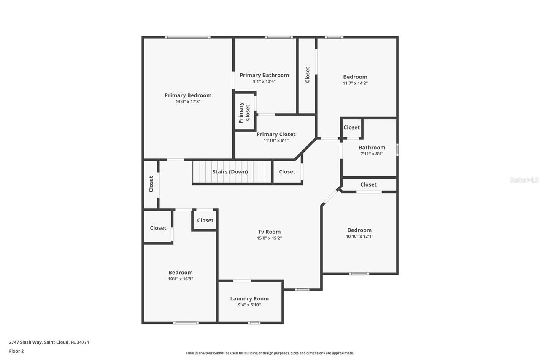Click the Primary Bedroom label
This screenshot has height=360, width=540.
click(x=188, y=95)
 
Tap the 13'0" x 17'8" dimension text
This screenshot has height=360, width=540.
click(x=188, y=102)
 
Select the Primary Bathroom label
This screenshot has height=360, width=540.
click(x=264, y=75)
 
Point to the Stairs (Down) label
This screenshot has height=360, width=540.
click(x=230, y=172)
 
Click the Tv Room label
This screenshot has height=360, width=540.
click(x=269, y=232)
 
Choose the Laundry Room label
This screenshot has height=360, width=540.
click(x=249, y=299)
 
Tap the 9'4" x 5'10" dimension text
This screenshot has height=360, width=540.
click(x=249, y=305)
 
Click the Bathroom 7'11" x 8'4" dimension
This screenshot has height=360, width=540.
click(x=372, y=154)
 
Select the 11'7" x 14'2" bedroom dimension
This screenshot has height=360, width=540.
click(x=355, y=83)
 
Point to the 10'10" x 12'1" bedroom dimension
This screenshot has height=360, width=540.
click(x=359, y=236)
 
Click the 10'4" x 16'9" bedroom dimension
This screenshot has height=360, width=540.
click(x=180, y=279)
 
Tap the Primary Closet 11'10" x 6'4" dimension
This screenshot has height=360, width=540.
click(x=276, y=141)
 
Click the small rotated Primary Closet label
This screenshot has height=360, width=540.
click(x=245, y=112)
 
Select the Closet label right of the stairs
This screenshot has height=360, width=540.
click(x=287, y=172)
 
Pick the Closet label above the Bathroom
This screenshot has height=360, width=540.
click(x=351, y=127)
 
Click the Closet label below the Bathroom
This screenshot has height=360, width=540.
click(x=368, y=184)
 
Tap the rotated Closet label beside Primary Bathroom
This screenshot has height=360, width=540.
click(x=308, y=75)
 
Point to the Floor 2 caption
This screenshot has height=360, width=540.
click(x=16, y=351)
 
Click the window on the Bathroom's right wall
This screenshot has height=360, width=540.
click(x=397, y=150)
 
